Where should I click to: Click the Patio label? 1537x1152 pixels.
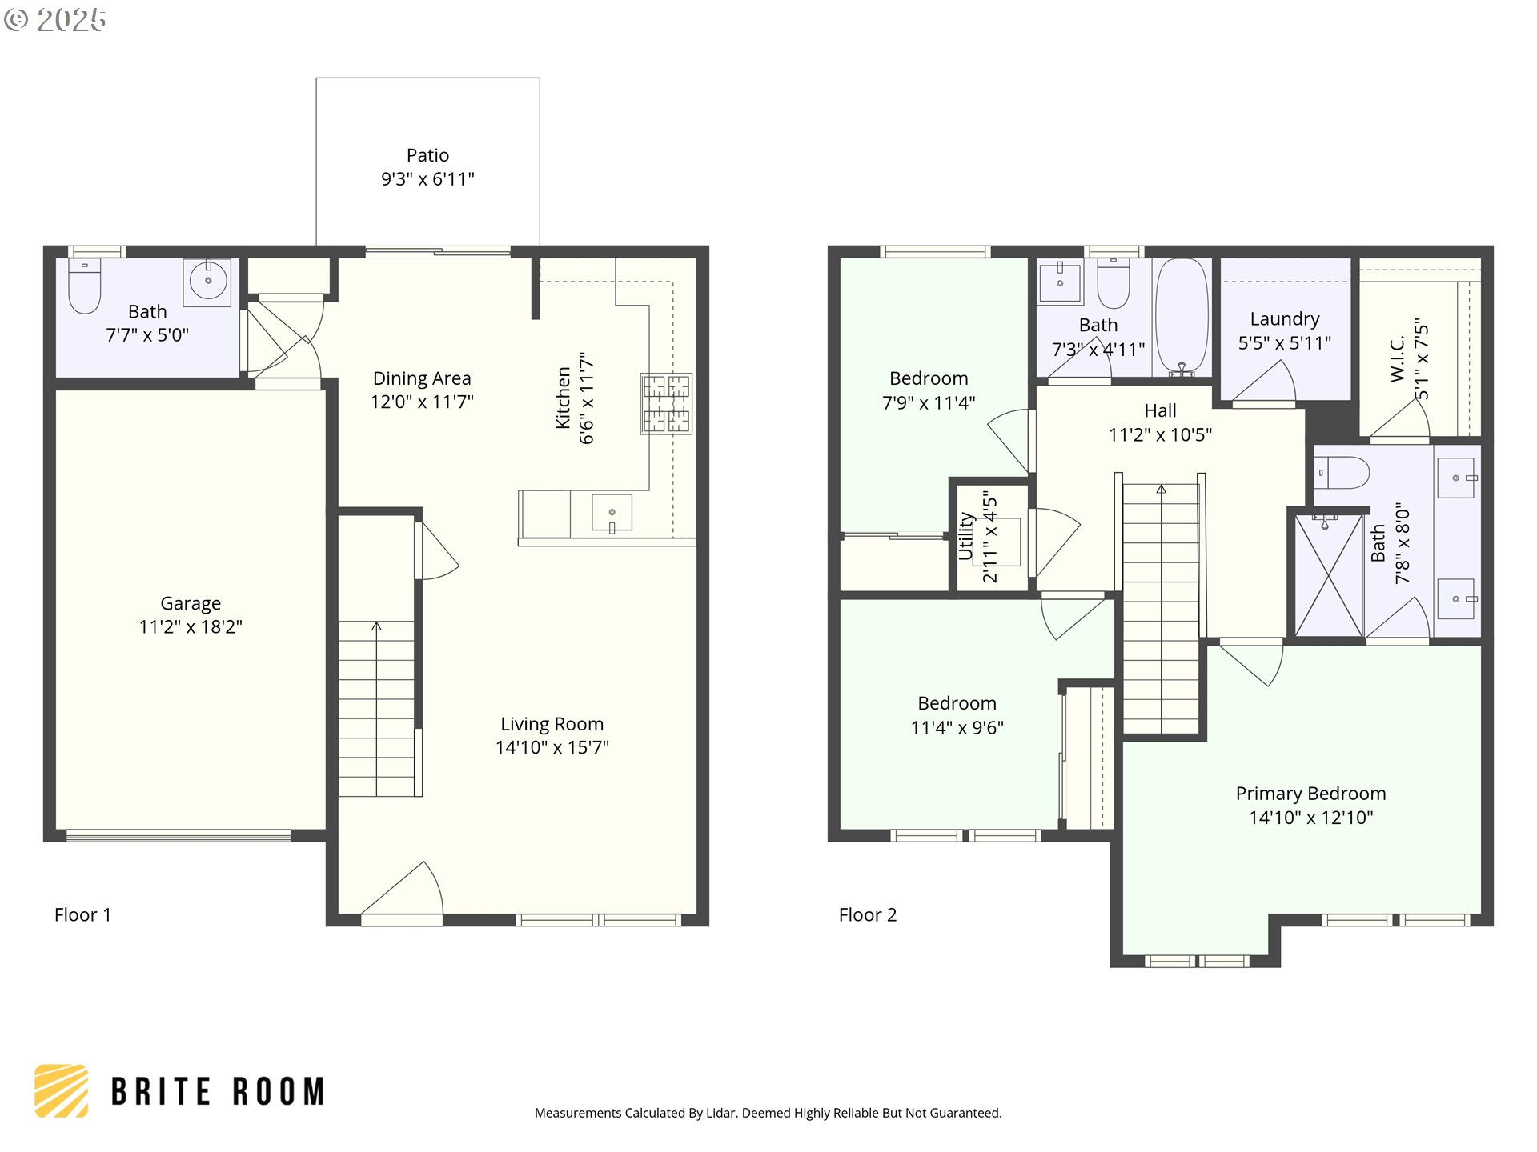tap(427, 155)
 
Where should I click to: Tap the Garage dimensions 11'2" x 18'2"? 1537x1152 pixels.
tap(191, 627)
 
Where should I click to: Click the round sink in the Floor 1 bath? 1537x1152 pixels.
tap(207, 281)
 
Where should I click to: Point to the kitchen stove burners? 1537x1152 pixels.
tap(666, 404)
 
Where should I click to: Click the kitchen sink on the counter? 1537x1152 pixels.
tap(612, 513)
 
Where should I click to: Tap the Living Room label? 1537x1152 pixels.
tap(552, 724)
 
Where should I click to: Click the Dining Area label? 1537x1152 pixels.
tap(422, 378)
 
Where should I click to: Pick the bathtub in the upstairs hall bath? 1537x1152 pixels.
tap(1182, 317)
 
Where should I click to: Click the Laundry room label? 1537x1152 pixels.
tap(1284, 319)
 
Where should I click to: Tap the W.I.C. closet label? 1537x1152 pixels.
tap(1398, 358)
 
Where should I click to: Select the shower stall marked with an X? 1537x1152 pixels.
tap(1328, 576)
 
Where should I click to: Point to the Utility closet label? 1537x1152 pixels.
tap(966, 536)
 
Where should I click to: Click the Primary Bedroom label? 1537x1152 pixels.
tap(1310, 794)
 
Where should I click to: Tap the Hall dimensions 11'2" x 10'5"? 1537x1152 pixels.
tap(1160, 435)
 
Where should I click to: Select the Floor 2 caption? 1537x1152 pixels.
tap(867, 915)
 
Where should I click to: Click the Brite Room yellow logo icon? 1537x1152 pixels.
tap(62, 1090)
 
